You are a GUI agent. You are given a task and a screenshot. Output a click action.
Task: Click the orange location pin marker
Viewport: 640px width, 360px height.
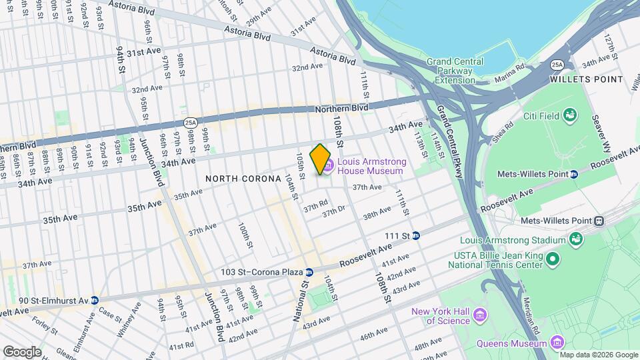coord(321,159)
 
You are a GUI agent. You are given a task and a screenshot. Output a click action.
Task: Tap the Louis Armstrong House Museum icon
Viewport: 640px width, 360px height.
coord(329,165)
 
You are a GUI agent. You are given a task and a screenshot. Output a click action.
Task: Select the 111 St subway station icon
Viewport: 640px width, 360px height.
coord(416,235)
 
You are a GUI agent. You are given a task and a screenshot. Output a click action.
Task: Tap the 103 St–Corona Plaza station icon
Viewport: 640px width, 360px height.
coord(309,272)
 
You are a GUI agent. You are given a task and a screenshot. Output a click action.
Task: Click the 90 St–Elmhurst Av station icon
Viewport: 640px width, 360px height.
coord(95,300)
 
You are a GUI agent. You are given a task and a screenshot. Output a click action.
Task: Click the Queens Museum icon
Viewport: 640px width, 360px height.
coord(557,343)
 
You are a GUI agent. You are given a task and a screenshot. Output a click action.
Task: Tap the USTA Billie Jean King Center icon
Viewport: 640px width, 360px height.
coord(552,258)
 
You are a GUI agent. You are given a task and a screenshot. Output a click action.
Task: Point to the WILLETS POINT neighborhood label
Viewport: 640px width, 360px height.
coord(587,79)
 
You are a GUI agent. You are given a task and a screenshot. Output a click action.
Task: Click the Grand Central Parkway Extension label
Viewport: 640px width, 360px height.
coord(465,71)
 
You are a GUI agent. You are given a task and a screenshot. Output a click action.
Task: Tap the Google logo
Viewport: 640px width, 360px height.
coord(21,351)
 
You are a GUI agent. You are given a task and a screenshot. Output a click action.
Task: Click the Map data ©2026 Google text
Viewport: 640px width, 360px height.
coord(597,355)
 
